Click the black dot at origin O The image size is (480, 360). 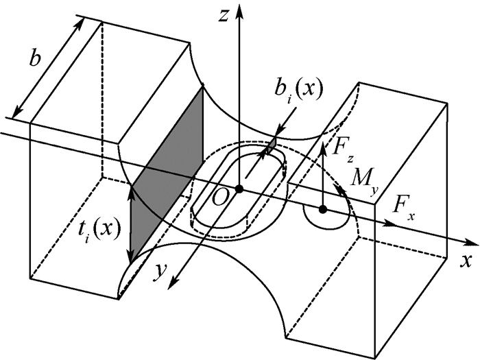coord(239,189)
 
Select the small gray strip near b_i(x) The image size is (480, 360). coord(272,143)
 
